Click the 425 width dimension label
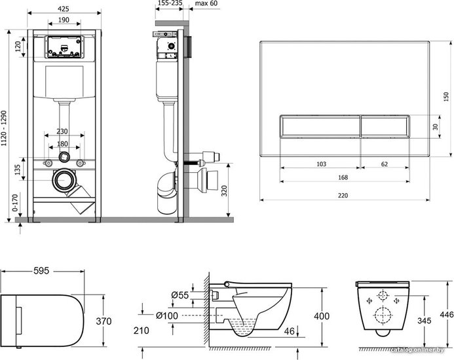click(x=64, y=9)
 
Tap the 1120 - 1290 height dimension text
click(x=4, y=128)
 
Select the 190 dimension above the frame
click(x=64, y=20)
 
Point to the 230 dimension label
click(x=62, y=132)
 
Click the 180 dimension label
click(x=62, y=144)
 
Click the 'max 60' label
click(x=206, y=3)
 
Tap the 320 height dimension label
click(x=224, y=190)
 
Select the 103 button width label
click(x=322, y=164)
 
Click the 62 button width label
click(x=384, y=164)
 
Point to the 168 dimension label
click(x=343, y=177)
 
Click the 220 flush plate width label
click(x=343, y=196)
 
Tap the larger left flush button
click(x=320, y=126)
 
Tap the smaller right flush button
click(x=385, y=126)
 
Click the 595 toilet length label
click(x=41, y=271)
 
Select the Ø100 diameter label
click(x=167, y=315)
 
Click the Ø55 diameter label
click(x=180, y=295)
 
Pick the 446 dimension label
click(x=447, y=314)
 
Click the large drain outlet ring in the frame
click(x=64, y=180)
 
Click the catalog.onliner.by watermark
click(x=417, y=350)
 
